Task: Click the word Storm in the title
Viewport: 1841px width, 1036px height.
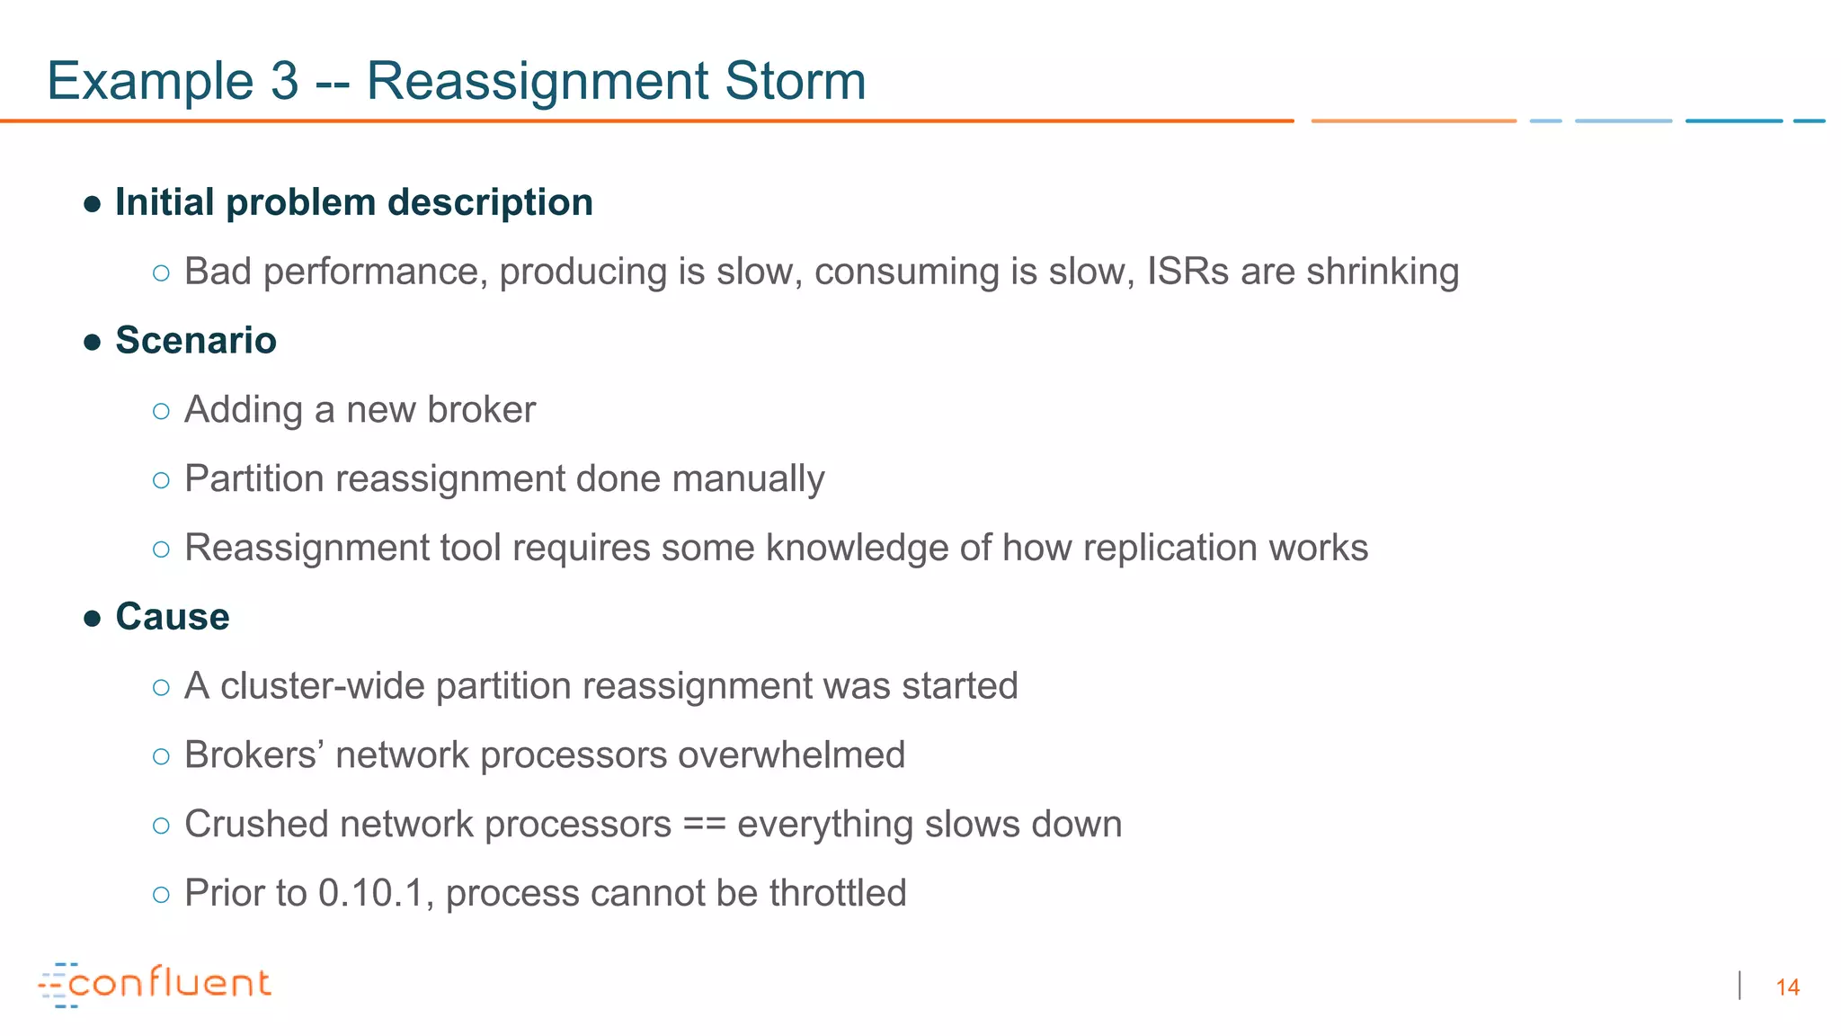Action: tap(795, 81)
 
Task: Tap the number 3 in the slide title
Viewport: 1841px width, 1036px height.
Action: tap(284, 81)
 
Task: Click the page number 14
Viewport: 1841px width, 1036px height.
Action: tap(1787, 987)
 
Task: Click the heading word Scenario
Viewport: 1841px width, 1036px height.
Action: tap(195, 341)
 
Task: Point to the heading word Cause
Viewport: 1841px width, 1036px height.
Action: tap(172, 617)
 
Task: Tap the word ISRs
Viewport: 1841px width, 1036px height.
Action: tap(1187, 272)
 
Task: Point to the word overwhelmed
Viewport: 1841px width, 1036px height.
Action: tap(790, 755)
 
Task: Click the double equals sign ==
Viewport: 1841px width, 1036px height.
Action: tap(704, 825)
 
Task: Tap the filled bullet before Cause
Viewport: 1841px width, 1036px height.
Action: tap(92, 619)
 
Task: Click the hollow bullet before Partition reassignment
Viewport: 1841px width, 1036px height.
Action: tap(161, 480)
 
